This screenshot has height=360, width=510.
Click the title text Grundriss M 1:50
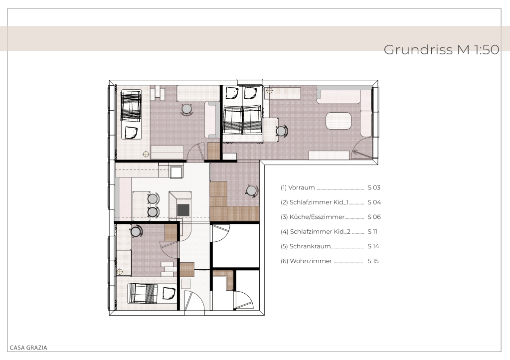coord(441,50)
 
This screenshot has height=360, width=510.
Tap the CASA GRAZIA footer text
coord(28,348)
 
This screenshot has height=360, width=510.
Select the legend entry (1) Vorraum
coord(298,187)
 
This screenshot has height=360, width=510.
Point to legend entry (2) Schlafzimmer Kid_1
coord(315,202)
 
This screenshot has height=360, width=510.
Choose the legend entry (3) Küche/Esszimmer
coord(312,217)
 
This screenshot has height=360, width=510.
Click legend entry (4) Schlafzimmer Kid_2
coord(316,231)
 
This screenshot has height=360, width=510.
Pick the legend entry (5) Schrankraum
coord(306,246)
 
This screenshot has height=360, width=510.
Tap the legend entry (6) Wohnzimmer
coord(307,261)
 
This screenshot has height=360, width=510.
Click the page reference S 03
coord(374,187)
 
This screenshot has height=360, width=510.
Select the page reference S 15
coord(373,261)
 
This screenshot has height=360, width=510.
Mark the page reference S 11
coord(372,231)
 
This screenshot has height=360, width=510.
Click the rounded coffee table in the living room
coord(339,121)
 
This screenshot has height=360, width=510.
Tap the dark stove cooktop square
coord(183,210)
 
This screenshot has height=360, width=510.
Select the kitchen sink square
coord(176,172)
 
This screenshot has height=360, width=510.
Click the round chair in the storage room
coord(251,190)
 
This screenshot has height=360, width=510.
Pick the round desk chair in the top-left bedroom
coord(186,109)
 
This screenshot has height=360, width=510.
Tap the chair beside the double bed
coord(281,131)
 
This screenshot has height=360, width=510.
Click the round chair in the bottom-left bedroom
coord(136,231)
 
